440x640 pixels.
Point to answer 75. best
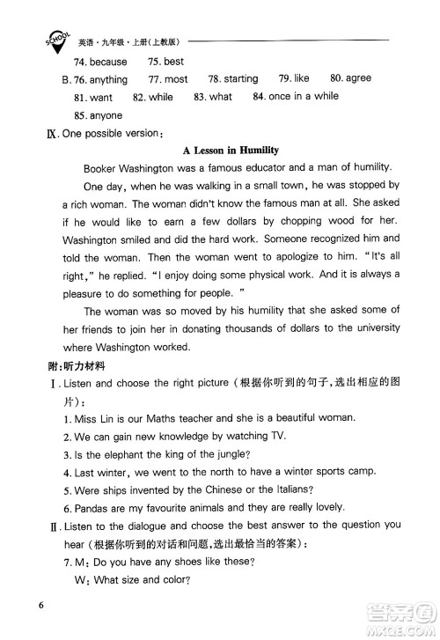(166, 62)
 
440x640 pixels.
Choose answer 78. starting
(233, 79)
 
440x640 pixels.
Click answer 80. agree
(350, 78)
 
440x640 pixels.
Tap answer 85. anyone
(99, 115)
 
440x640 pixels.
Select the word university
(373, 327)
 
